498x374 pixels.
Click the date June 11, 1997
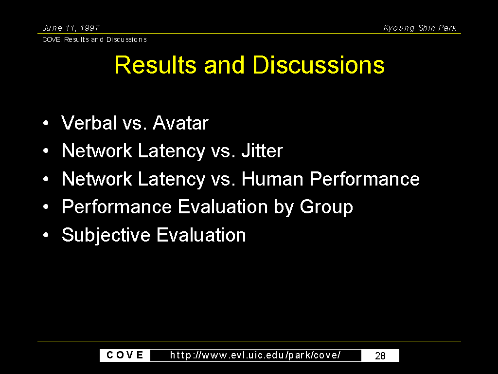coord(71,28)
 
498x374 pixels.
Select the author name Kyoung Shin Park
coord(420,28)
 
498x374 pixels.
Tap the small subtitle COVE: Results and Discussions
coord(94,39)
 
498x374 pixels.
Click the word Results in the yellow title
coord(155,65)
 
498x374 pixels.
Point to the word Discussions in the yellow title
coord(318,65)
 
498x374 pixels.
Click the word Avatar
coord(180,123)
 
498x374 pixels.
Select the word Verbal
coord(89,123)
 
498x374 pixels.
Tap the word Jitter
coord(262,150)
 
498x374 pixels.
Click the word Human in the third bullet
coord(272,179)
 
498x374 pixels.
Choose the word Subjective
coord(106,236)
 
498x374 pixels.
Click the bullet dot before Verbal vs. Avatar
coord(46,123)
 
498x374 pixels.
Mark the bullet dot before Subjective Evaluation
coord(46,235)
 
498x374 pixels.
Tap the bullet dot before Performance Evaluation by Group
coord(46,207)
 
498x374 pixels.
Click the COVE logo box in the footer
coord(125,355)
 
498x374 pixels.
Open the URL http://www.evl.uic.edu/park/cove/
coord(255,355)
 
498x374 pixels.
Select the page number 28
coord(380,355)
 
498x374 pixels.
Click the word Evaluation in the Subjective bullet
coord(201,235)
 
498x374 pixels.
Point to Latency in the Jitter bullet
coord(172,151)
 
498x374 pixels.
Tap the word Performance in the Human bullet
coord(365,179)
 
